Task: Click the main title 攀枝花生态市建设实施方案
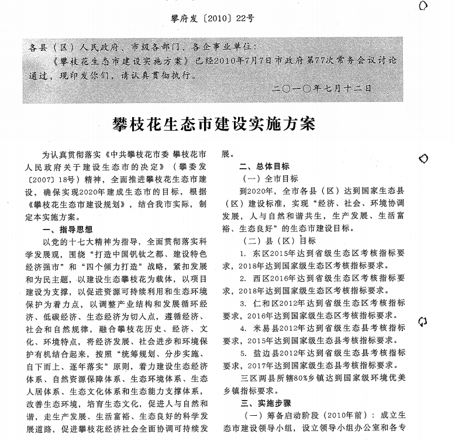(213, 124)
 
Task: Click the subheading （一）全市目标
(270, 179)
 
